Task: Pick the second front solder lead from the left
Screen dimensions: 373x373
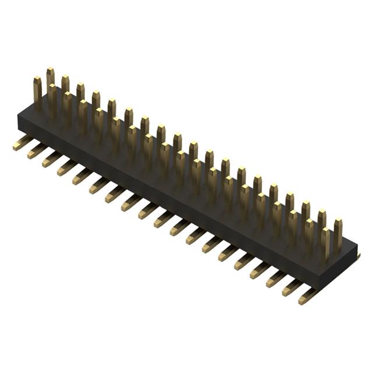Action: (36, 151)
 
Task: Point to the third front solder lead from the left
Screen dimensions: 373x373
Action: (51, 159)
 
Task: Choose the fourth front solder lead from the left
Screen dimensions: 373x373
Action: (66, 168)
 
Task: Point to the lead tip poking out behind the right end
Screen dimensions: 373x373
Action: (357, 256)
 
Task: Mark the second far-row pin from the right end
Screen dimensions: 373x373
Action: (322, 221)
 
